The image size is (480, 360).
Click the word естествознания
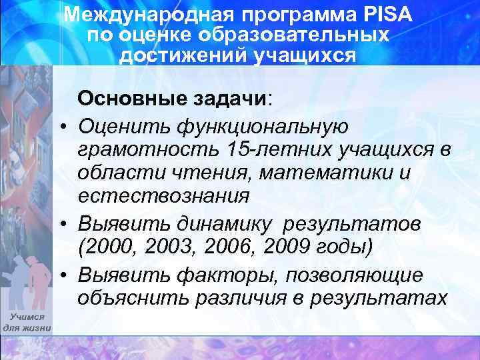pyautogui.click(x=163, y=196)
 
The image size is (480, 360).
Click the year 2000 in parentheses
pyautogui.click(x=109, y=245)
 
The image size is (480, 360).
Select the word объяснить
pyautogui.click(x=133, y=297)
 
